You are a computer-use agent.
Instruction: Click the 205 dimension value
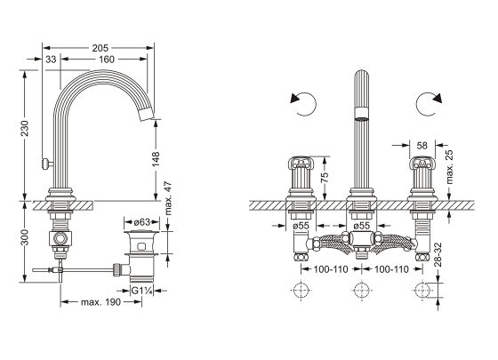point(100,48)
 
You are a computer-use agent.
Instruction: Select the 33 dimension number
point(51,59)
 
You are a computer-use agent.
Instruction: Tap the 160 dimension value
point(106,59)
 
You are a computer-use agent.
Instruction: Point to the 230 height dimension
point(25,128)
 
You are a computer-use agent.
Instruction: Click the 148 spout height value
point(156,159)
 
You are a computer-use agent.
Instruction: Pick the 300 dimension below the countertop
point(25,237)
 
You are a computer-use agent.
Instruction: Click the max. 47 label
point(169,198)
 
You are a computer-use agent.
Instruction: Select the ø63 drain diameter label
point(141,222)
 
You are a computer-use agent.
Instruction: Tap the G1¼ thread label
point(142,291)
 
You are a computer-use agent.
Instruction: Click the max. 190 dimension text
point(100,302)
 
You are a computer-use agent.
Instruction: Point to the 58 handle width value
point(422,146)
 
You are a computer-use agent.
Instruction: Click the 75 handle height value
point(325,178)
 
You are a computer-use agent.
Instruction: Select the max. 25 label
point(449,167)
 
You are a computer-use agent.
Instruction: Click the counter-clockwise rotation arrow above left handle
point(303,104)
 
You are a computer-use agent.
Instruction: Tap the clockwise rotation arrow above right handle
point(429,104)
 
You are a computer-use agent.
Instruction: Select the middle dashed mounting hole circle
point(361,290)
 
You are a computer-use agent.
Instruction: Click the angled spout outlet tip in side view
point(147,115)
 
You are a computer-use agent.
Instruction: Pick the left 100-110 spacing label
point(331,269)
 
